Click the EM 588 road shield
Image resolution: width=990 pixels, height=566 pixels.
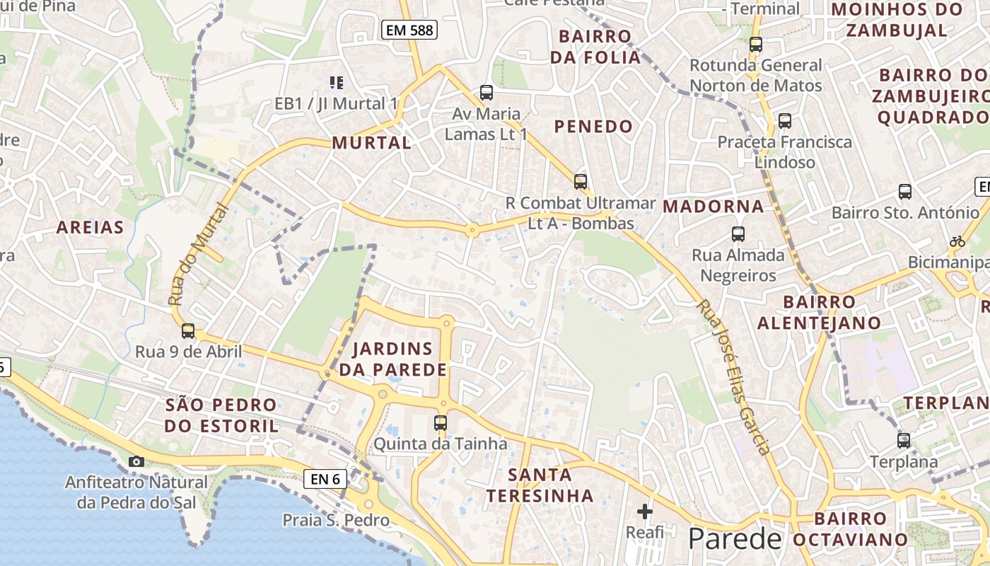pyautogui.click(x=409, y=30)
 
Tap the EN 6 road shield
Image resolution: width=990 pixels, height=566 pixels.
pyautogui.click(x=326, y=479)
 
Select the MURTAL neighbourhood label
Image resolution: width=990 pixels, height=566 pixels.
pyautogui.click(x=371, y=143)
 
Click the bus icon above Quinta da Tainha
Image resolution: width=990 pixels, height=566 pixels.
pyautogui.click(x=441, y=423)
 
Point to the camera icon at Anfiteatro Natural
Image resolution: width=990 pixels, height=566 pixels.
pyautogui.click(x=136, y=462)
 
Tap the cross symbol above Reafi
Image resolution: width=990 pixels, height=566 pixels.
pyautogui.click(x=644, y=511)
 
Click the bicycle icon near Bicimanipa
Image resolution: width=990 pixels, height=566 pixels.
pyautogui.click(x=957, y=241)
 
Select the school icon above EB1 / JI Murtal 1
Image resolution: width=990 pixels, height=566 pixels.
pyautogui.click(x=336, y=83)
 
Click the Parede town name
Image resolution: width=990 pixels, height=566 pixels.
pyautogui.click(x=735, y=539)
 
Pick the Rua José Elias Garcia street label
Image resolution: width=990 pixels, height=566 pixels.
pyautogui.click(x=733, y=377)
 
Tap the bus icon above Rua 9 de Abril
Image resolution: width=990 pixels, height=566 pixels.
pyautogui.click(x=188, y=330)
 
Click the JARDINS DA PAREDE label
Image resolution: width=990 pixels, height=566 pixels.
pyautogui.click(x=392, y=359)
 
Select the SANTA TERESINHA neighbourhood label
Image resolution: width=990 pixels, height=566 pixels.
pyautogui.click(x=540, y=485)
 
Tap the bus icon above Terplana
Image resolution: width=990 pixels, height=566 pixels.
pyautogui.click(x=903, y=441)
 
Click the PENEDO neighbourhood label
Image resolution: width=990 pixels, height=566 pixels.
pyautogui.click(x=593, y=127)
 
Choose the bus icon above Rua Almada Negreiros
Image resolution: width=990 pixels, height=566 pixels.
pyautogui.click(x=738, y=233)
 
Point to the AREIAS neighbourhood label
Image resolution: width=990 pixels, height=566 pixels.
pyautogui.click(x=90, y=227)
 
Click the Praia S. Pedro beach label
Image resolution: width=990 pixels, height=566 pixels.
pyautogui.click(x=336, y=521)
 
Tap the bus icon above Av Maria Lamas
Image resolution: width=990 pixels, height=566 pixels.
pyautogui.click(x=487, y=92)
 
